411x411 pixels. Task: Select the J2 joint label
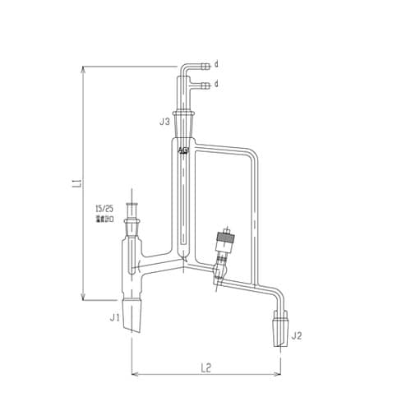298,335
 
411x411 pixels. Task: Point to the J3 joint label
164,122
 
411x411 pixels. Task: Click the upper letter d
216,63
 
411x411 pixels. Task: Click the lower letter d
216,84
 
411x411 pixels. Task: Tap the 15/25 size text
105,210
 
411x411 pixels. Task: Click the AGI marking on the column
182,150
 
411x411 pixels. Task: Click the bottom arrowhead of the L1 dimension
84,301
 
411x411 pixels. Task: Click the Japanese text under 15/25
104,219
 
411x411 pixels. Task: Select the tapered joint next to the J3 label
183,123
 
